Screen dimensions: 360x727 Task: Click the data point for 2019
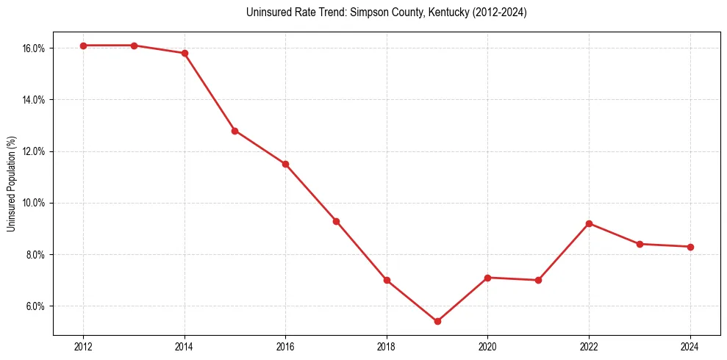tap(437, 321)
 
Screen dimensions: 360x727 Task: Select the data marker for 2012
tap(83, 46)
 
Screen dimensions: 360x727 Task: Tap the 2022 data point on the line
tap(589, 223)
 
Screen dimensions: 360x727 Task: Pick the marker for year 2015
tap(235, 131)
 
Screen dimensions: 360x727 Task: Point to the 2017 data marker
tap(336, 221)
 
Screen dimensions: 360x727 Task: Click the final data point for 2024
tap(690, 247)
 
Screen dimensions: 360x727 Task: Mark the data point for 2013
tap(134, 46)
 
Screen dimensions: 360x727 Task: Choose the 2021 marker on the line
tap(538, 280)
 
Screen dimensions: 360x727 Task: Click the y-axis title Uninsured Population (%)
tap(12, 184)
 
